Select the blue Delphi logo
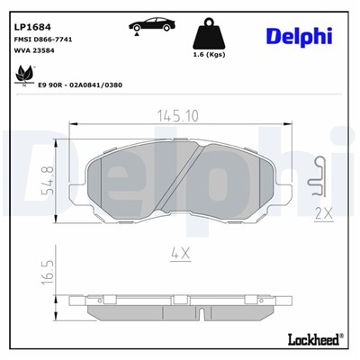[x=300, y=35]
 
